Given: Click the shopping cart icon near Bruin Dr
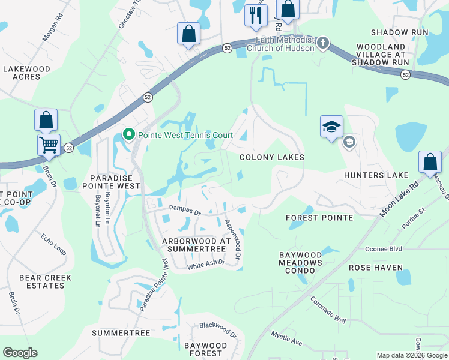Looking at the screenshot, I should [x=49, y=144].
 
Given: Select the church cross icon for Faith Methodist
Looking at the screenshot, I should [x=323, y=43].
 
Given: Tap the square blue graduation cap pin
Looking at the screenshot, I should [x=331, y=127].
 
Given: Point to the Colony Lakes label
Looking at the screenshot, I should [x=271, y=157].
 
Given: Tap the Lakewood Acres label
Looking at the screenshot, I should [x=26, y=73].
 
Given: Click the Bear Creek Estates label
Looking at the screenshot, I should [x=45, y=281].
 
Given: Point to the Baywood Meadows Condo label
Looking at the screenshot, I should [x=301, y=263].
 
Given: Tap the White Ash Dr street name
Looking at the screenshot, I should [x=206, y=264].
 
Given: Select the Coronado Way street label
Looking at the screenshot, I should [x=328, y=310].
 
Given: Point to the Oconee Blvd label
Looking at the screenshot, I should [x=384, y=248].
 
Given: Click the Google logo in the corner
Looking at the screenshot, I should [x=20, y=353].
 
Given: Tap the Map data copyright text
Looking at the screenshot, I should [x=411, y=355].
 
